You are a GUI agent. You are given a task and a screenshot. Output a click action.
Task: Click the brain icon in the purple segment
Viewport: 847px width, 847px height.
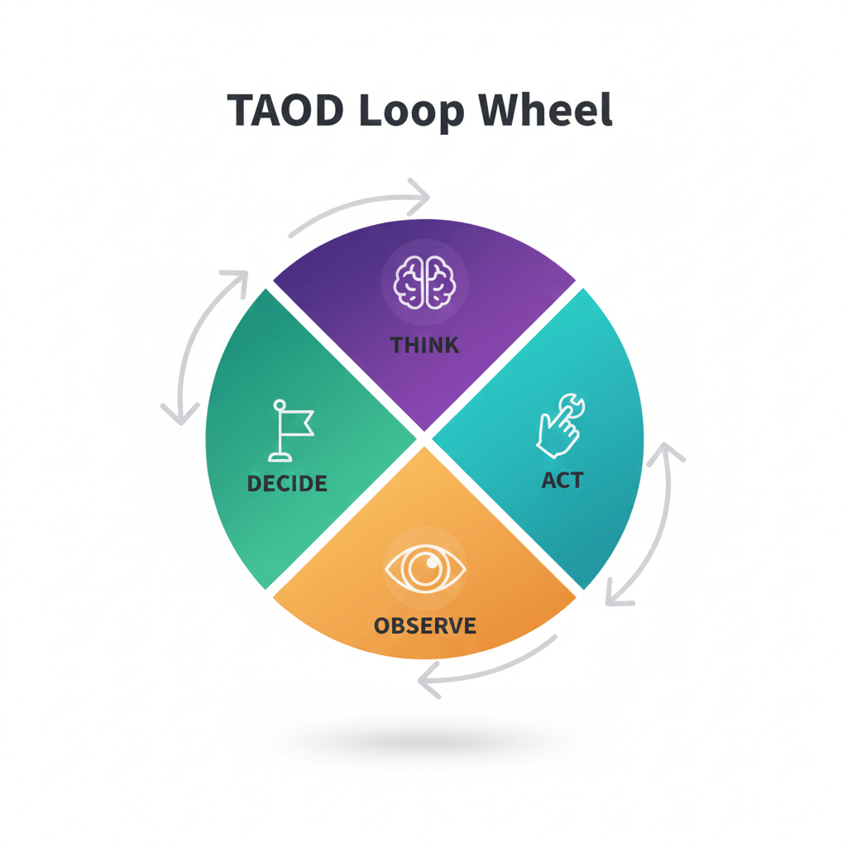424,284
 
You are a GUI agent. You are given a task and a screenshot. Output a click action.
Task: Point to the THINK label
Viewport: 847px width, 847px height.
424,344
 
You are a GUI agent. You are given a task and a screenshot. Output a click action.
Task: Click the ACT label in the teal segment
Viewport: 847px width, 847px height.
562,480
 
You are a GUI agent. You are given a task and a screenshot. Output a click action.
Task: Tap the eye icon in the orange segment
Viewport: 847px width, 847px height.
425,569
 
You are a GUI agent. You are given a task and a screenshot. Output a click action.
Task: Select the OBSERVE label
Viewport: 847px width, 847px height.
425,625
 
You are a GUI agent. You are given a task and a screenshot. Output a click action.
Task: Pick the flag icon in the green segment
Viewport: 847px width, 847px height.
290,429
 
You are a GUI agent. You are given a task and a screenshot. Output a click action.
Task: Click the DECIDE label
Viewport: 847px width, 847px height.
287,483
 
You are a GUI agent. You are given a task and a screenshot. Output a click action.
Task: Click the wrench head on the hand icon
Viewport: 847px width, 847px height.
570,404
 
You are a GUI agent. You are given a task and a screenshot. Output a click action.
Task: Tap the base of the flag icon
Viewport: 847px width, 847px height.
280,457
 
